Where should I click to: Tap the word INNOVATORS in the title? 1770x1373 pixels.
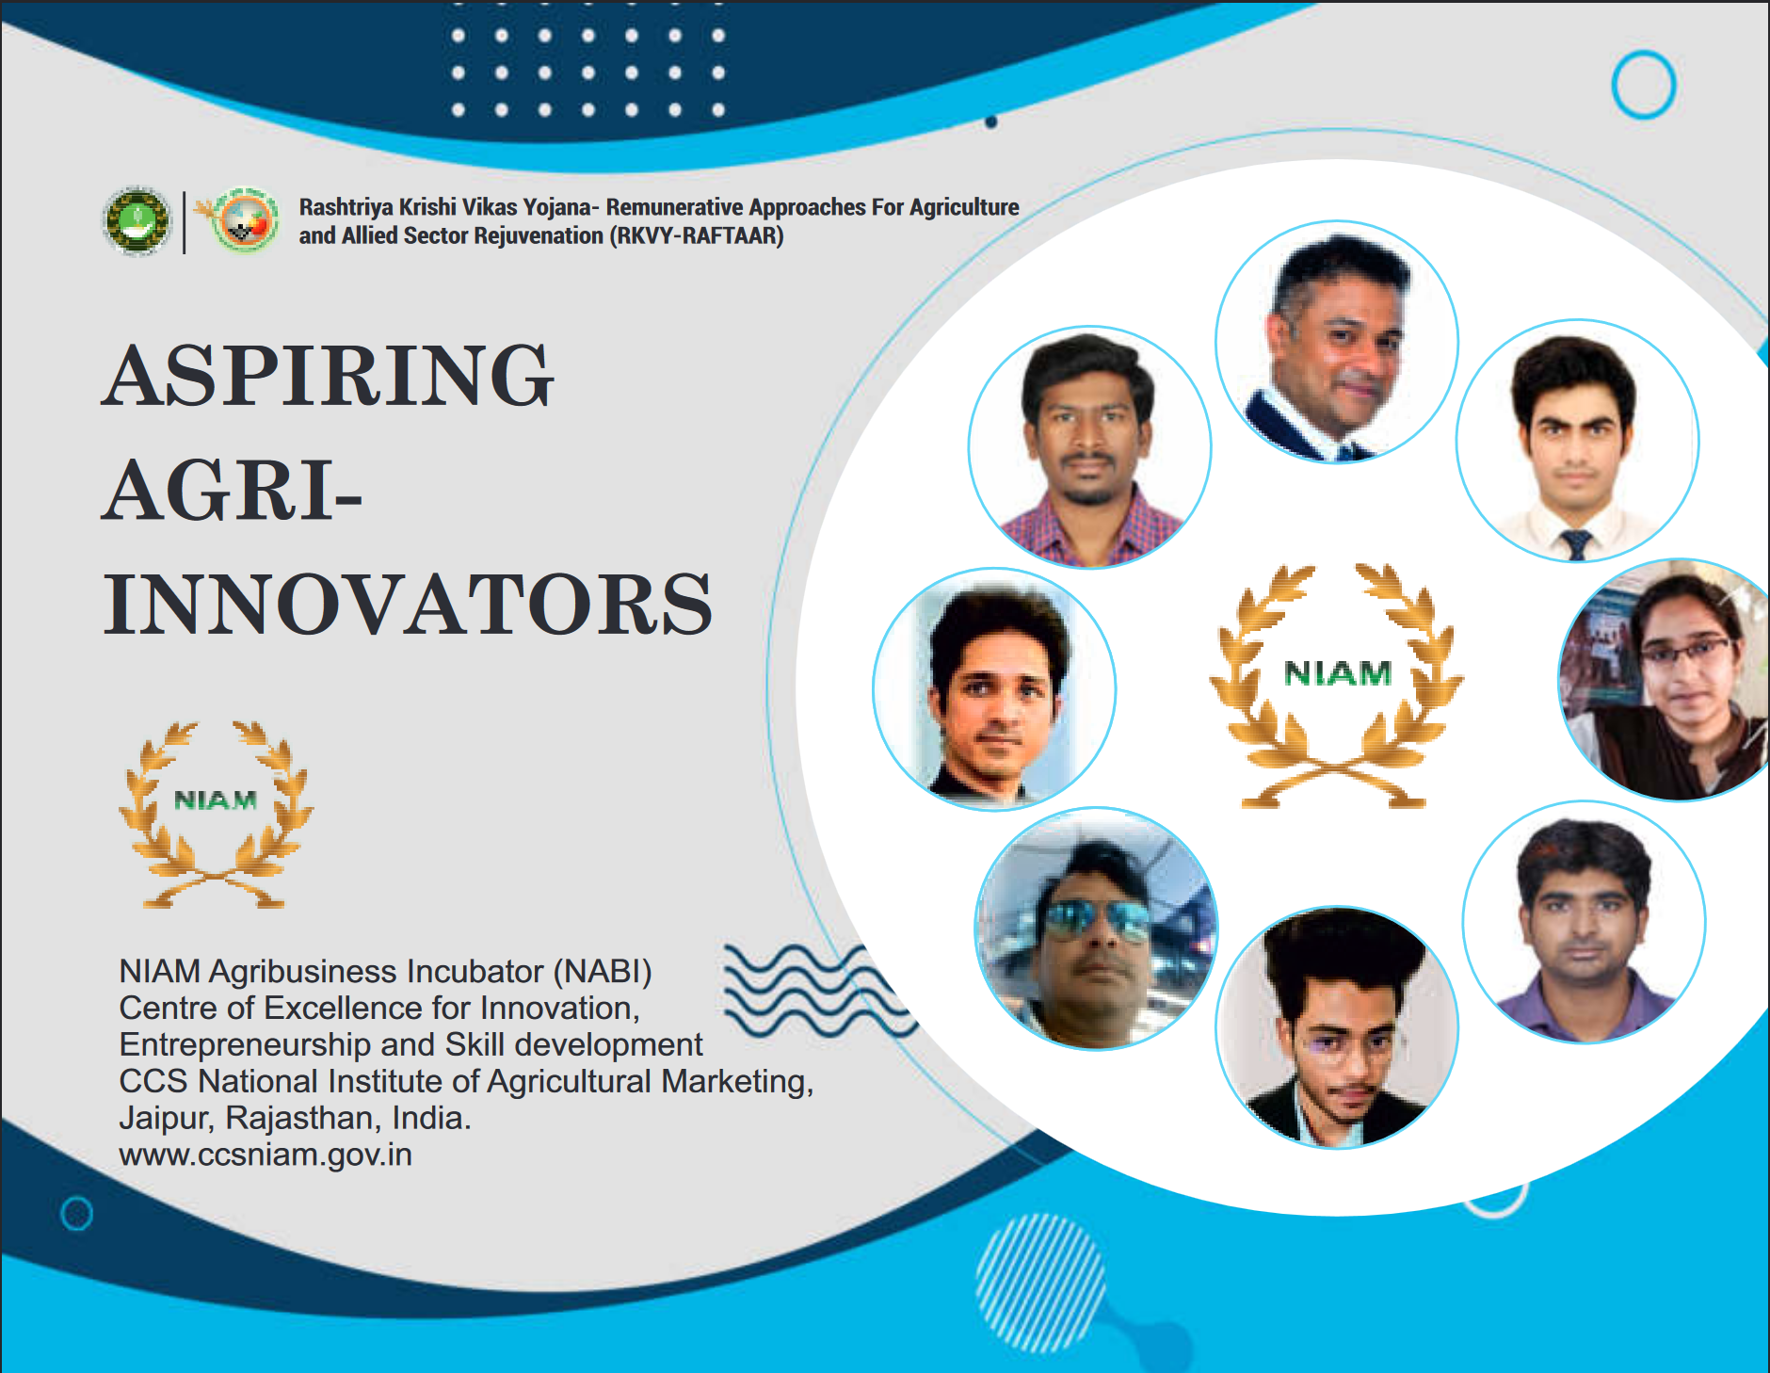click(x=408, y=604)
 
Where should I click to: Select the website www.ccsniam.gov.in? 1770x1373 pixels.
click(x=265, y=1155)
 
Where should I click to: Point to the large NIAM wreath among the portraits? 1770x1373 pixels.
click(x=1337, y=686)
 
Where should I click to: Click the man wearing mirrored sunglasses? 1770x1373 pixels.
click(x=1096, y=929)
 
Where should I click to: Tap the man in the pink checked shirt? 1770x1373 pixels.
click(x=1089, y=447)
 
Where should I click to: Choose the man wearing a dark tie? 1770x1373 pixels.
click(x=1577, y=441)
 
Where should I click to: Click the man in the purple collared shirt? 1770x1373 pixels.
click(x=1584, y=922)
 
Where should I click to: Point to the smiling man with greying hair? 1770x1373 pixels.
click(x=1337, y=342)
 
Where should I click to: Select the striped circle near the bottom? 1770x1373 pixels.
click(x=1040, y=1283)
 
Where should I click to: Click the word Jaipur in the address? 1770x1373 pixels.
click(x=167, y=1119)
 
